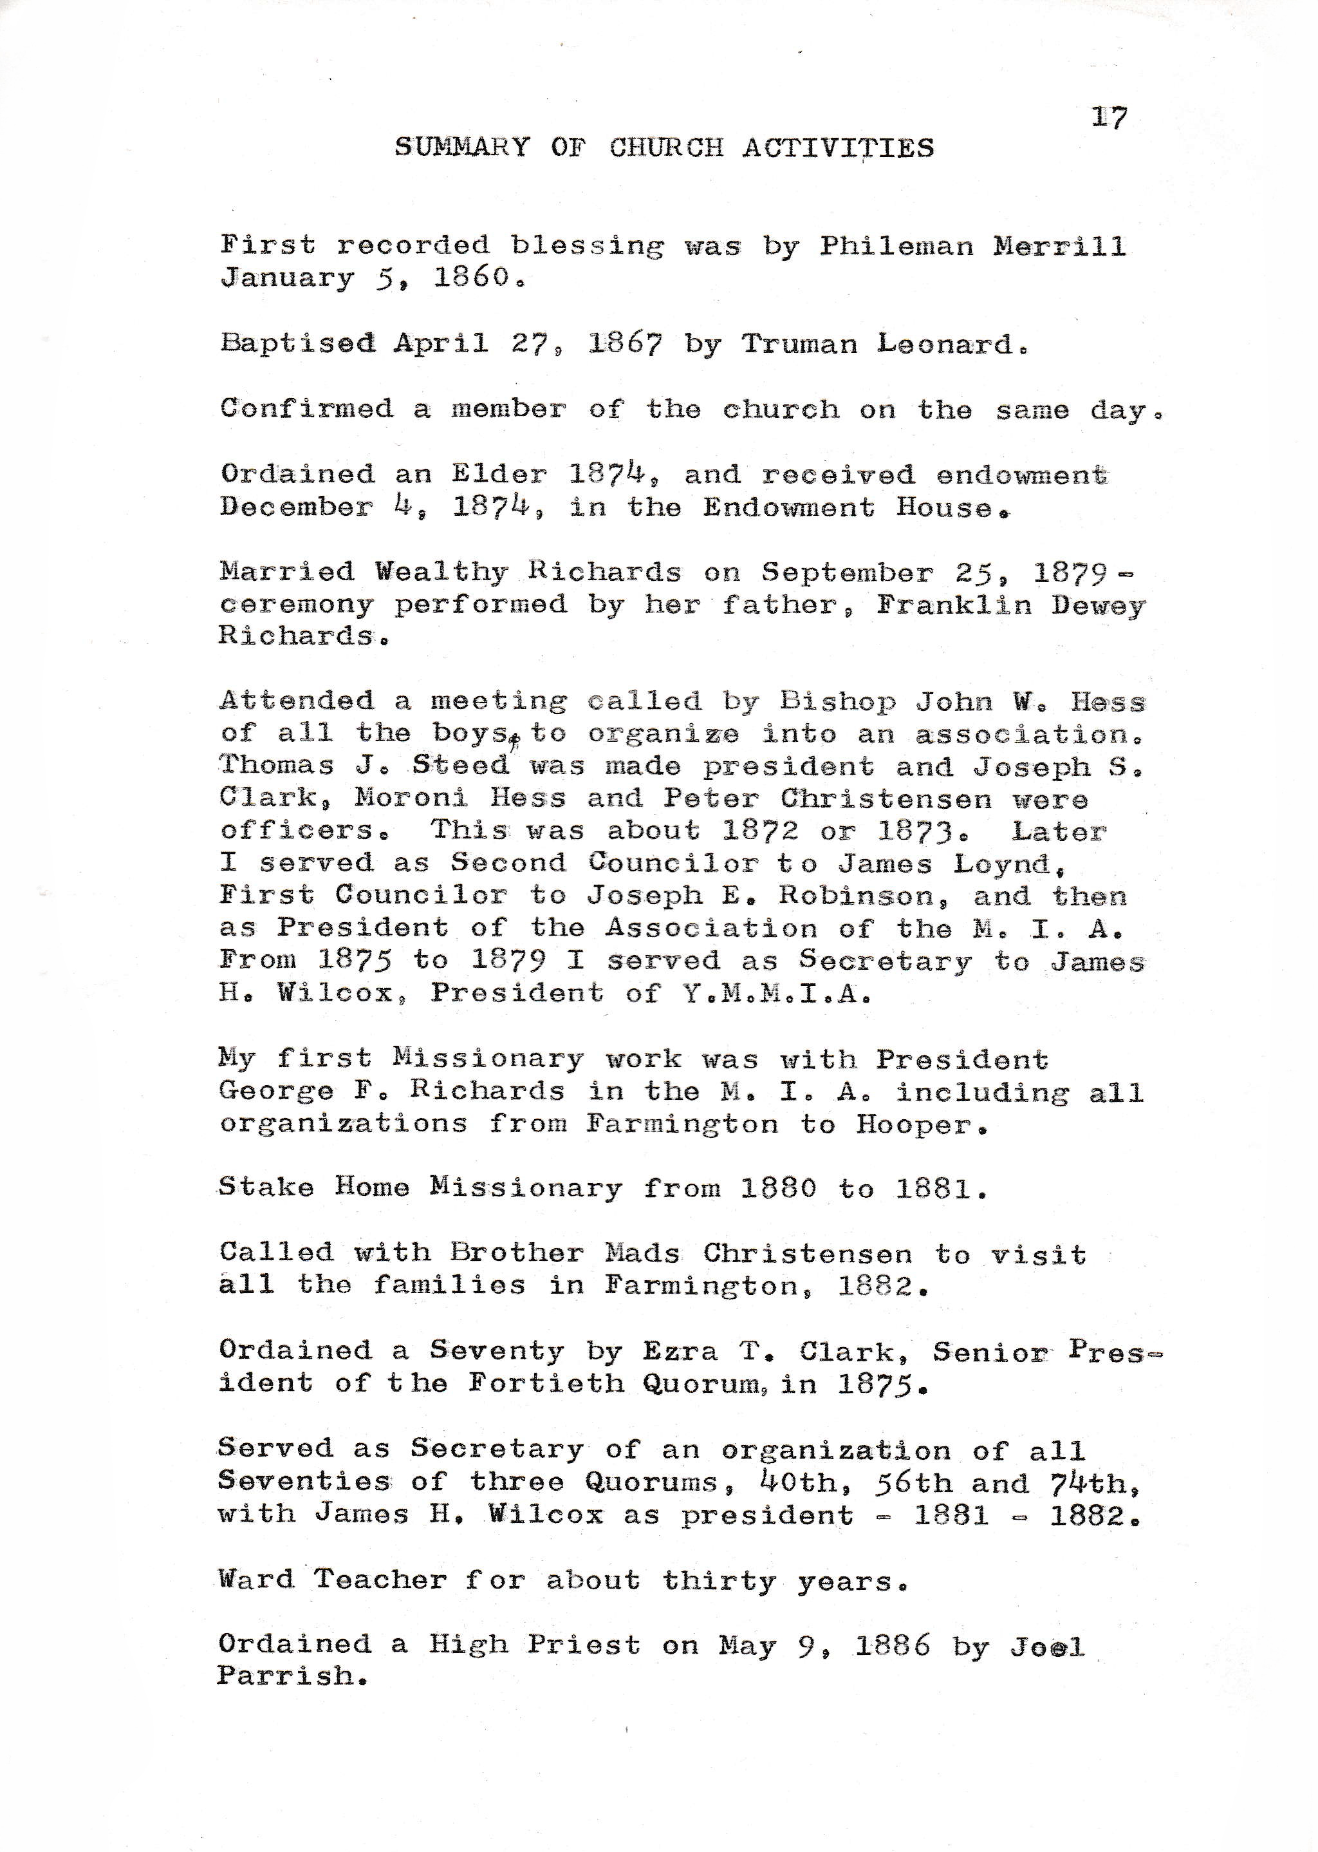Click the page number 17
point(1109,118)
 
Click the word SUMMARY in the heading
point(462,147)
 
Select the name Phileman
point(895,245)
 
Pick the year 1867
point(625,345)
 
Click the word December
point(296,507)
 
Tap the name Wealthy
point(441,572)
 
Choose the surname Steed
point(460,766)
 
